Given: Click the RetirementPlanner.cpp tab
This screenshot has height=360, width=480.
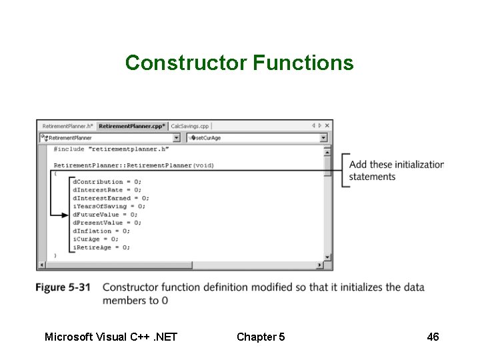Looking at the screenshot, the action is [132, 125].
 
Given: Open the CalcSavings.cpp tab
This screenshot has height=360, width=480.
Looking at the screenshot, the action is [190, 125].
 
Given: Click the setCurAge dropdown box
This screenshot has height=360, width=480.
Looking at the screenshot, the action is [256, 138].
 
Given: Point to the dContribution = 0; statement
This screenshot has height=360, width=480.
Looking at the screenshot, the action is [107, 181].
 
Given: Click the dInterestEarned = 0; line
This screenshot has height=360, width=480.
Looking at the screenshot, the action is [111, 198].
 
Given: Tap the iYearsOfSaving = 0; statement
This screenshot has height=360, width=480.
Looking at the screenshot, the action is [109, 206].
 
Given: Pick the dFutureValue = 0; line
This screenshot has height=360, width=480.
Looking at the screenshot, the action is [105, 215].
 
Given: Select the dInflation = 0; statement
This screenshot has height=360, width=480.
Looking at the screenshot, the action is [102, 231].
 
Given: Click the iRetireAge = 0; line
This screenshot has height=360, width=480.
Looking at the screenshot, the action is [101, 247].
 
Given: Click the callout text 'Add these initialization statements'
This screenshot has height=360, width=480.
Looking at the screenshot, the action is [396, 171].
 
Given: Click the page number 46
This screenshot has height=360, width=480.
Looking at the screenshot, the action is [433, 337].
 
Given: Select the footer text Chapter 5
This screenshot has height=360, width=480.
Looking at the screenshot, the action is [261, 337].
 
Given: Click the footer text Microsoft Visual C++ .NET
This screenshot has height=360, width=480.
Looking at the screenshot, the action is [111, 337].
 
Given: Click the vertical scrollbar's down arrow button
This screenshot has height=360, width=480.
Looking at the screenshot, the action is [327, 257].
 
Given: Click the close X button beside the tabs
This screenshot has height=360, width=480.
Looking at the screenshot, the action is [327, 125].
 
